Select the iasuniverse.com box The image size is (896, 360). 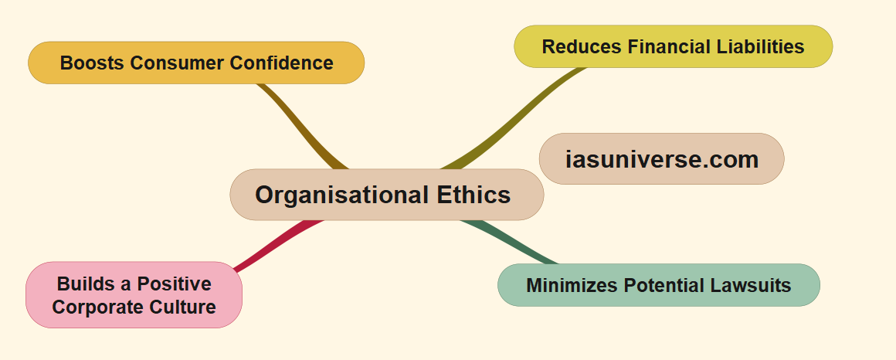(661, 159)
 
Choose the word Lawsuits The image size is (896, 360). (748, 285)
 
